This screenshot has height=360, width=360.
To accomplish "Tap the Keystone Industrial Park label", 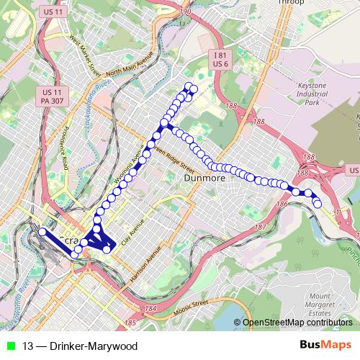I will [321, 94].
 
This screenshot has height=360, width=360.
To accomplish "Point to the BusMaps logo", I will [326, 346].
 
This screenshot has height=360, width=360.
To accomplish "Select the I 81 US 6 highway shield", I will [220, 59].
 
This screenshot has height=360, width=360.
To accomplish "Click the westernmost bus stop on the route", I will [42, 232].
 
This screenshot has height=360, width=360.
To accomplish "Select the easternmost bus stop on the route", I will [318, 204].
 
